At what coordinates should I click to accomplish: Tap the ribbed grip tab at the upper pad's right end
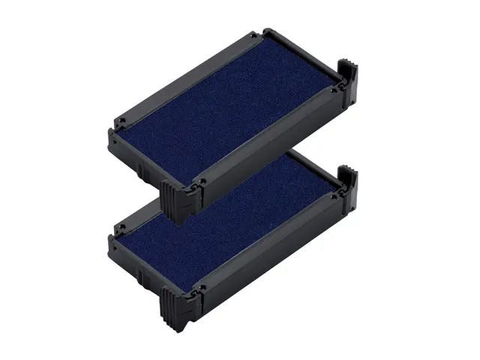point(349,79)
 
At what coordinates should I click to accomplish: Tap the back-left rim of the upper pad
point(187,75)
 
